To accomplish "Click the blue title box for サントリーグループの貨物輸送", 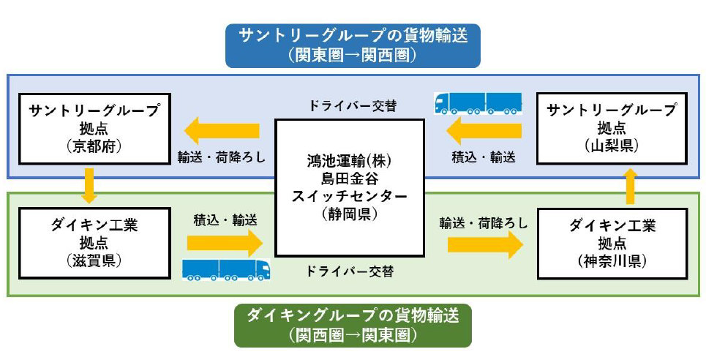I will tap(353, 45).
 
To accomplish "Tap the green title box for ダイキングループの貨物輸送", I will tap(353, 326).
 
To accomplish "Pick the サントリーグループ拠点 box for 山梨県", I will tap(612, 128).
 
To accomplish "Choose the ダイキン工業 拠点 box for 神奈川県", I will tap(612, 244).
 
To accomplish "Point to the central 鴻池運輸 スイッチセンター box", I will tap(349, 187).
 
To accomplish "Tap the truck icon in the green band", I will tap(226, 269).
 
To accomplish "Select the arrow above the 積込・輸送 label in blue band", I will tap(484, 132).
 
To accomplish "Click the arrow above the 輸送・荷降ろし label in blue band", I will tap(222, 132).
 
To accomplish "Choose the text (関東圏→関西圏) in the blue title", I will tap(353, 54).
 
